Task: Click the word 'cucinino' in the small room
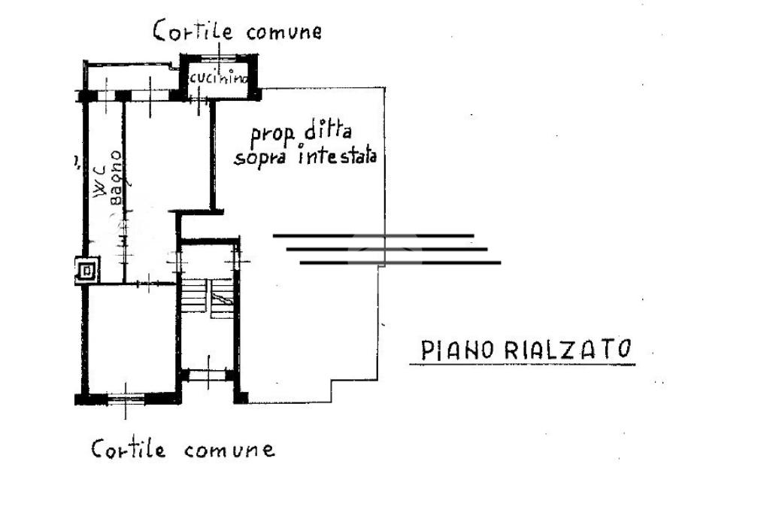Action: pos(218,77)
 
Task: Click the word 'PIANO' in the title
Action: pos(457,350)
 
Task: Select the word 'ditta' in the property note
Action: pos(328,132)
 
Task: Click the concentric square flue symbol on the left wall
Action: pos(87,270)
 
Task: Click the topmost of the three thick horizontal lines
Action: pos(373,236)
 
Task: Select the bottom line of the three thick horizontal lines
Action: pos(400,263)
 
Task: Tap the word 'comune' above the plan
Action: pos(279,32)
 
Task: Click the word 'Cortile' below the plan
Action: pos(128,449)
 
